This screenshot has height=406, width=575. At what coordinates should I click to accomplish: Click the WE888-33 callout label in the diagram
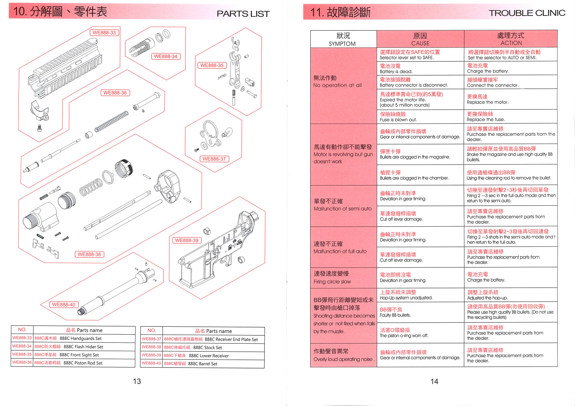point(104,33)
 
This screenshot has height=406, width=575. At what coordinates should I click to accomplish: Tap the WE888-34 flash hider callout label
point(166,56)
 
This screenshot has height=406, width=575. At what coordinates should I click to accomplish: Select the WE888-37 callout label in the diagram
point(214,159)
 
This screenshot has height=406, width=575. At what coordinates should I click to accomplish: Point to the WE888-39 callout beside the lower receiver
point(187,240)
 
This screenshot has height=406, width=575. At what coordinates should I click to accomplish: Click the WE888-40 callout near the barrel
point(64,305)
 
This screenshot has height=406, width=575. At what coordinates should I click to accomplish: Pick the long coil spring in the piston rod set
point(112,122)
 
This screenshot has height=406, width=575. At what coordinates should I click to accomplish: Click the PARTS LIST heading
point(243,13)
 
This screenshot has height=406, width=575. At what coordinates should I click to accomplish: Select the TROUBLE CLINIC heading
point(527,13)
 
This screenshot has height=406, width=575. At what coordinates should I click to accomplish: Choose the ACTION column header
point(511,39)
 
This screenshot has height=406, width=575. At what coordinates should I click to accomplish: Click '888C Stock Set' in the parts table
point(208,347)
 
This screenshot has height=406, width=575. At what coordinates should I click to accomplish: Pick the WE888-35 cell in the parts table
point(22,354)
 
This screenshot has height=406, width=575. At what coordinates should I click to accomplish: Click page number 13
point(137,381)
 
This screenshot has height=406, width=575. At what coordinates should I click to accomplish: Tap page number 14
point(434,381)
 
